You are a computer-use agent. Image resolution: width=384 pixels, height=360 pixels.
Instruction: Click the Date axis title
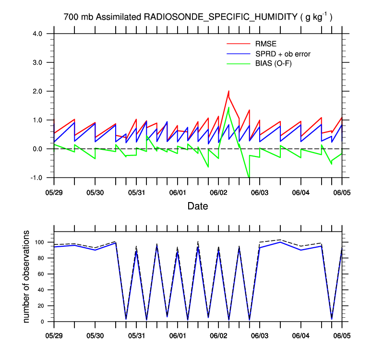click(x=198, y=206)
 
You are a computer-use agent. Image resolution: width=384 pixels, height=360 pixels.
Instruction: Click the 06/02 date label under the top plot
click(x=218, y=192)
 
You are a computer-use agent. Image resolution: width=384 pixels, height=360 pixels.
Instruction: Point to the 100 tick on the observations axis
click(x=41, y=242)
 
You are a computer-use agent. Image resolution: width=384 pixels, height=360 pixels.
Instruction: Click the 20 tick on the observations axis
click(x=43, y=306)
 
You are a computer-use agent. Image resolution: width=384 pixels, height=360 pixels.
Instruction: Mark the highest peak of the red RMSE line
click(x=228, y=91)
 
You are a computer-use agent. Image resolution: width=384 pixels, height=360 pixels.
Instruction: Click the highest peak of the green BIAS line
click(x=228, y=108)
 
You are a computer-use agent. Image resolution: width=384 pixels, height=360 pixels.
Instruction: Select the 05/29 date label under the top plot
click(x=54, y=192)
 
